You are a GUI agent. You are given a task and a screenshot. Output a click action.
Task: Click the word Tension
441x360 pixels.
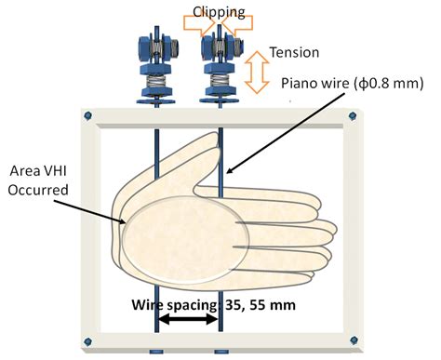coord(291,53)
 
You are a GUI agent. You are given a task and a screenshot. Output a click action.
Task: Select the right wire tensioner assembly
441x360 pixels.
coord(220,65)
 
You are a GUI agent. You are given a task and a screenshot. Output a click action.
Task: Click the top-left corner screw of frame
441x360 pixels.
coord(87,115)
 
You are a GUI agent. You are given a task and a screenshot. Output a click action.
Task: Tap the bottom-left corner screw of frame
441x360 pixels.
coord(87,340)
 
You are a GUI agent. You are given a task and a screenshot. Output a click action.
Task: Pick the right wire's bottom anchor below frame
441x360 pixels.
coord(220,353)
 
